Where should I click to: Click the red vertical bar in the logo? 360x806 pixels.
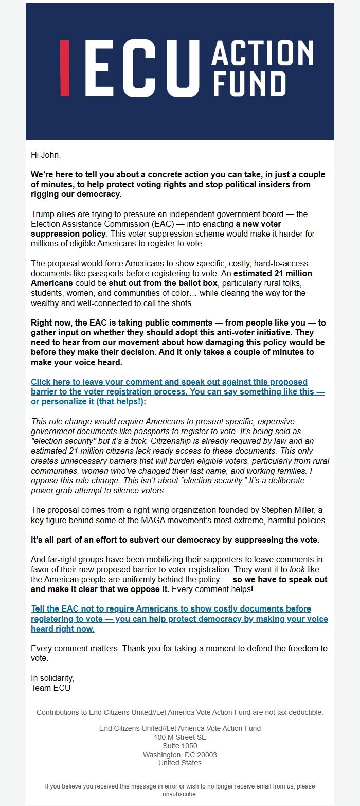65,68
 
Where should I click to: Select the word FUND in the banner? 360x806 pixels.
248,84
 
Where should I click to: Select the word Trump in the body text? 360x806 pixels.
42,214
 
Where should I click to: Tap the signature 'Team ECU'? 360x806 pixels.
51,688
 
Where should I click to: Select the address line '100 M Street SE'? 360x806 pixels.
180,737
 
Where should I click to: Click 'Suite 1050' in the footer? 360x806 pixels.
180,746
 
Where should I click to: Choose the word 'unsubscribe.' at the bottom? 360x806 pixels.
180,794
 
